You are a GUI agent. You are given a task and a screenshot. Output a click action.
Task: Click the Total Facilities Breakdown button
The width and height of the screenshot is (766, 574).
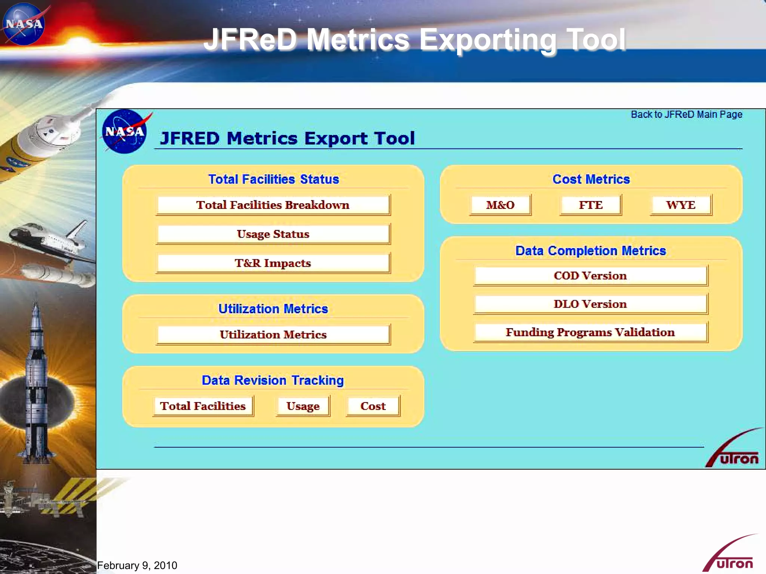click(x=273, y=205)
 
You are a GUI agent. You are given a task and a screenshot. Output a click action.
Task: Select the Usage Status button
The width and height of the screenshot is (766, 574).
click(x=273, y=234)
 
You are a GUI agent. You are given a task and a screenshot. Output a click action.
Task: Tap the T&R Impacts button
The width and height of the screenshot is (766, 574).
click(x=273, y=263)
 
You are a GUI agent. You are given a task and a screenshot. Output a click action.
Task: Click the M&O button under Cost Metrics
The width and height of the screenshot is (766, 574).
click(x=500, y=205)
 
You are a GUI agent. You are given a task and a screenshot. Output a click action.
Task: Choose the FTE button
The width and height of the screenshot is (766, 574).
click(x=591, y=205)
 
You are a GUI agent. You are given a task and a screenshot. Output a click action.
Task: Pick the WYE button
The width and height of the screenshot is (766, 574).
click(x=681, y=205)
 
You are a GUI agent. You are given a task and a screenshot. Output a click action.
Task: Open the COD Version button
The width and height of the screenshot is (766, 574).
click(x=590, y=276)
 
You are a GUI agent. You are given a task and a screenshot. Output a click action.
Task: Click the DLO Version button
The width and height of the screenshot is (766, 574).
click(x=590, y=304)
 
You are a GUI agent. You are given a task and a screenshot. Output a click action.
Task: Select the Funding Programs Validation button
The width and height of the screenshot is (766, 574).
click(x=590, y=332)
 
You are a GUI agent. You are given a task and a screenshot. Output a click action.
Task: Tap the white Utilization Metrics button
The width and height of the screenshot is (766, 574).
click(x=273, y=334)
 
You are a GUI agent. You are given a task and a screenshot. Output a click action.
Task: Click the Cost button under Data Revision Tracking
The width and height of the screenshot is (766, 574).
click(x=373, y=406)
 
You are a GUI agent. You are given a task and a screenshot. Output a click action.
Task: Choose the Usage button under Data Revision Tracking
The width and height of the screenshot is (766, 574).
click(x=303, y=406)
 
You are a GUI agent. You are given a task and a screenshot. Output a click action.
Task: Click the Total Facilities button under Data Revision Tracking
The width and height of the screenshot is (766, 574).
click(x=203, y=406)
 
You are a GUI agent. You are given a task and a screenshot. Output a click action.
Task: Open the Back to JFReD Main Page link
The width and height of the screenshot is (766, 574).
click(x=686, y=114)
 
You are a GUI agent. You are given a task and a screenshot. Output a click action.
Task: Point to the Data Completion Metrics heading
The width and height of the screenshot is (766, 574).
click(x=591, y=251)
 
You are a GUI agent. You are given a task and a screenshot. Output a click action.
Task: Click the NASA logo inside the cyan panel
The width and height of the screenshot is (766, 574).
click(x=125, y=132)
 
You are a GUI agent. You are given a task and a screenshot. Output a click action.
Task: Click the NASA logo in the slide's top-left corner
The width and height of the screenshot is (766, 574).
click(x=24, y=24)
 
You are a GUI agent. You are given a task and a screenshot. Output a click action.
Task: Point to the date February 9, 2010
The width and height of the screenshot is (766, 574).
click(x=137, y=565)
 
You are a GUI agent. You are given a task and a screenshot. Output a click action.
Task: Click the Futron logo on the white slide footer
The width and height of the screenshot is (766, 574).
click(x=731, y=555)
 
